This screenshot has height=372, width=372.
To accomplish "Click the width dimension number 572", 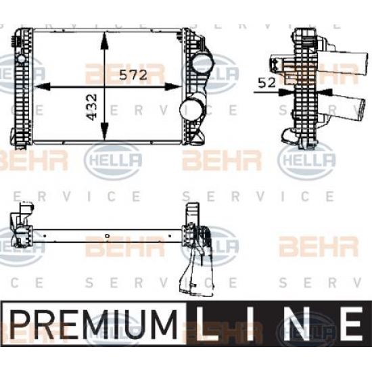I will (x=134, y=75).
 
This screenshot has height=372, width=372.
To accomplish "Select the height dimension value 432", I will (x=93, y=108).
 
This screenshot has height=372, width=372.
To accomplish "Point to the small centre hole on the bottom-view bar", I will (x=107, y=236).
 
